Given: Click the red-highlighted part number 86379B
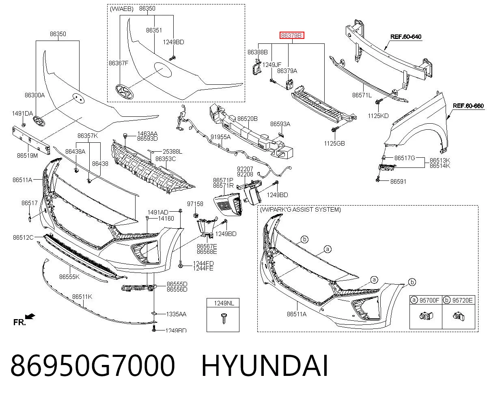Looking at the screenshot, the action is click(x=292, y=35).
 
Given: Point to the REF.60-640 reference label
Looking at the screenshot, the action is click(x=406, y=36).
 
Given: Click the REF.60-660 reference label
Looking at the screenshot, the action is click(x=468, y=106).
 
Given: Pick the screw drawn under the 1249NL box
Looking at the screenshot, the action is click(x=224, y=318).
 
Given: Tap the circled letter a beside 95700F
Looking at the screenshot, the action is click(x=414, y=300).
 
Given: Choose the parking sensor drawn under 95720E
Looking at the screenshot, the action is click(x=459, y=316).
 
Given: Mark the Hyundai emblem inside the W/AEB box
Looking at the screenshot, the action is click(x=125, y=92).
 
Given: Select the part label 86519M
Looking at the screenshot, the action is click(x=27, y=156).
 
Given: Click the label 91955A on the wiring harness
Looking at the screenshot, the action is click(x=220, y=137).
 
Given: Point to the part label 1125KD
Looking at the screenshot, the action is click(x=378, y=116).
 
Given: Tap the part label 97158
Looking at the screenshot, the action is click(x=195, y=204).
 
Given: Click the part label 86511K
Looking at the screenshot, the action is click(x=82, y=296).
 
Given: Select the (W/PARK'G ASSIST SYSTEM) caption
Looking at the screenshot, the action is click(x=300, y=210).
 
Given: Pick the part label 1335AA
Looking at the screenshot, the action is click(x=176, y=314).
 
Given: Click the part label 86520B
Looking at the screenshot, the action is click(x=247, y=119).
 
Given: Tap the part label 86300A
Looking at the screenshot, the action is click(x=34, y=95).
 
